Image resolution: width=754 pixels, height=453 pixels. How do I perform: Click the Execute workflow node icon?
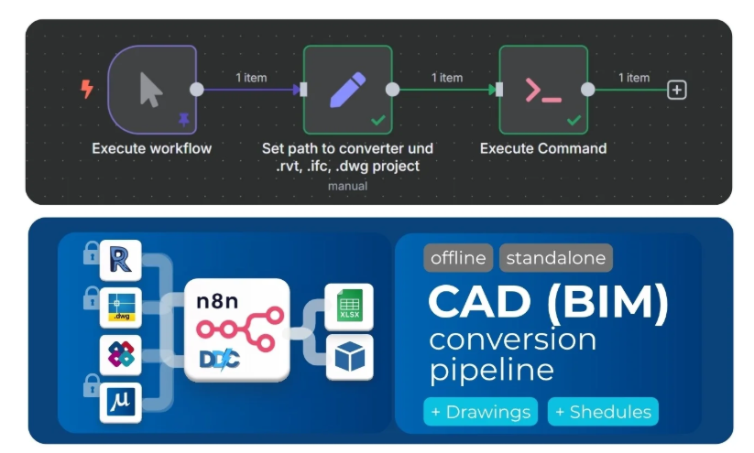click(151, 90)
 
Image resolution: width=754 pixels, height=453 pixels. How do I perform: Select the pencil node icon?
click(347, 90)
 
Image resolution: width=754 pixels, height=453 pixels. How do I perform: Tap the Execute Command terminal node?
click(542, 90)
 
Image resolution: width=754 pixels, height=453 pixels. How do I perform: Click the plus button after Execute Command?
click(677, 90)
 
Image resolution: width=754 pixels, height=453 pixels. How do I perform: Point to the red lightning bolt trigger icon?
click(87, 89)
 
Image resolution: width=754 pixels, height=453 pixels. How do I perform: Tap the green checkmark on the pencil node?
click(378, 120)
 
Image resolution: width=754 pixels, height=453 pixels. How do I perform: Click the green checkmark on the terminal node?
click(574, 120)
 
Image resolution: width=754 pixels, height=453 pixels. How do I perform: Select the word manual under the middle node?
click(347, 186)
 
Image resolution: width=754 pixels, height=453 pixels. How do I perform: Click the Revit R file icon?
click(121, 259)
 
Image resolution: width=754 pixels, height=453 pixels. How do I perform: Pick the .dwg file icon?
click(121, 307)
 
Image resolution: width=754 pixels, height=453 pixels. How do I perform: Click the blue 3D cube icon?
click(349, 357)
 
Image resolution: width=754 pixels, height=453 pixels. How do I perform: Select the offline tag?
click(458, 258)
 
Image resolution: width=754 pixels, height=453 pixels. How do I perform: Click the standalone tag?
click(557, 258)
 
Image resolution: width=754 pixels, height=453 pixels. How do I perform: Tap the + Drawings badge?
click(481, 412)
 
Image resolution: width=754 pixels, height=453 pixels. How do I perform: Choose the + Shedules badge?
click(603, 412)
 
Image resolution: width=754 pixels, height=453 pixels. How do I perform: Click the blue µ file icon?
click(121, 403)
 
